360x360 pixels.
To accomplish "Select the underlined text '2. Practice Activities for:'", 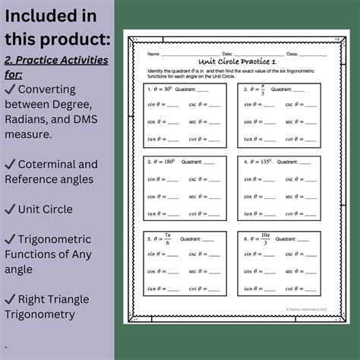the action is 55,67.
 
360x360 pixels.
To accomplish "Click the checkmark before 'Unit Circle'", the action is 11,209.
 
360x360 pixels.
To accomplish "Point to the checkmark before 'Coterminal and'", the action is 11,164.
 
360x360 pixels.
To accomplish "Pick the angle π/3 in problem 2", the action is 257,89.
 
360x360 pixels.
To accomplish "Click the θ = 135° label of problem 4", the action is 259,162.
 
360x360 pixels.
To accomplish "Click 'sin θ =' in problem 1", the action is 156,105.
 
